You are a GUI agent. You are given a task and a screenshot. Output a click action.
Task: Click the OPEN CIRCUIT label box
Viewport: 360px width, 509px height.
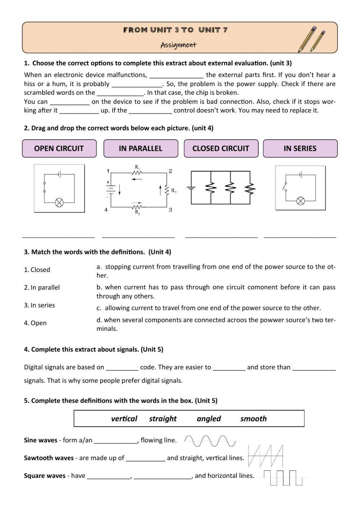(x=59, y=148)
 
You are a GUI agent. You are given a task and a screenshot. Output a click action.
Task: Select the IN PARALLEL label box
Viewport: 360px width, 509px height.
(x=141, y=148)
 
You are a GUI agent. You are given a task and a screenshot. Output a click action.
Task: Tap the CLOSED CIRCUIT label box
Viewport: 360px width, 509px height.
(x=221, y=148)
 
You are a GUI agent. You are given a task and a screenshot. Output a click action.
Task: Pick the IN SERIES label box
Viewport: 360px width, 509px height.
(x=300, y=148)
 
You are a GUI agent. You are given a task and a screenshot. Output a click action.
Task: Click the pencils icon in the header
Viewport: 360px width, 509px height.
(x=311, y=39)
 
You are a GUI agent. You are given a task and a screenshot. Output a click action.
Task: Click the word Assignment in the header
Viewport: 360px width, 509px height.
(x=178, y=45)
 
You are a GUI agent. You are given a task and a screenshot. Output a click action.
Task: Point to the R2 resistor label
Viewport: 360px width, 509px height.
(x=174, y=191)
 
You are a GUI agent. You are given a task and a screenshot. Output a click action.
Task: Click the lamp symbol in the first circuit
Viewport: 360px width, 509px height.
(x=59, y=203)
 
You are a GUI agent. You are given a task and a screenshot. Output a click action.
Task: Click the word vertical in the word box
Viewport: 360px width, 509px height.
(x=124, y=419)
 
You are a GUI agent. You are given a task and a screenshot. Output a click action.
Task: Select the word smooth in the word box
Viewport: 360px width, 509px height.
(x=253, y=419)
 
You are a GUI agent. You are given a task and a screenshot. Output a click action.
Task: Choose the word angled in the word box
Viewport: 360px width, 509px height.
(x=209, y=419)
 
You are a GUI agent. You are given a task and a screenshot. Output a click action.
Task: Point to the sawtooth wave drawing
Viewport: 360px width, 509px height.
(x=266, y=456)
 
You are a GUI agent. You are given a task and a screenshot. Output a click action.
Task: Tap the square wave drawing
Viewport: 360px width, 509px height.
(x=284, y=477)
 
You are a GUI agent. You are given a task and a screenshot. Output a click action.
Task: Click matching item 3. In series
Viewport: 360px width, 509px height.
(x=40, y=305)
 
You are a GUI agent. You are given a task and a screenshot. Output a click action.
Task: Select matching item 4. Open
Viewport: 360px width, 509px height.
(x=35, y=323)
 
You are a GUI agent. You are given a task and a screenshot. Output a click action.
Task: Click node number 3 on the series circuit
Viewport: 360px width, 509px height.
(x=170, y=210)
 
